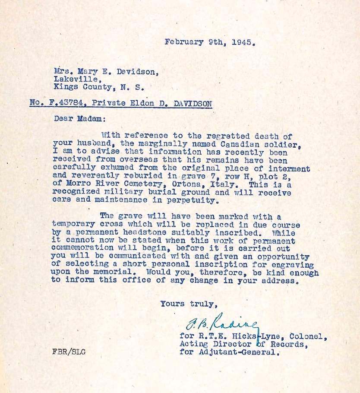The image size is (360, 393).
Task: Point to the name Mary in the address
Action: (x=90, y=71)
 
